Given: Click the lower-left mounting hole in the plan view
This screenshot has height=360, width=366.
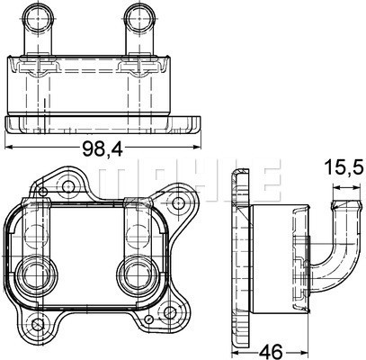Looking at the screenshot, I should pyautogui.click(x=38, y=324).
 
